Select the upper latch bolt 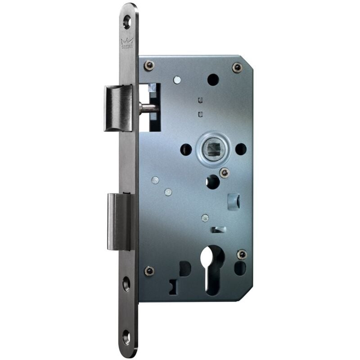[118, 108]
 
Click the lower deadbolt [119, 221]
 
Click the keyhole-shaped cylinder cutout [213, 269]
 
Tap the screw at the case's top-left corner [149, 66]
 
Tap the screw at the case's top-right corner [237, 67]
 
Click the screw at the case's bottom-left [149, 271]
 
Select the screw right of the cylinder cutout [242, 255]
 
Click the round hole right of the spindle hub [241, 149]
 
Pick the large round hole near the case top [213, 80]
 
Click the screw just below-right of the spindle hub [224, 172]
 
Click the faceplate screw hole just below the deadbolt [126, 283]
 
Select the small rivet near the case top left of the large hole [177, 80]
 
